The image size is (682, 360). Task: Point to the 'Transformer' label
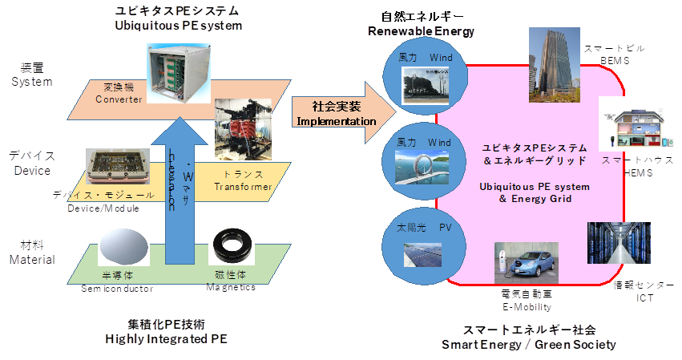pos(243,187)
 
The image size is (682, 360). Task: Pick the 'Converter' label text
pos(118,99)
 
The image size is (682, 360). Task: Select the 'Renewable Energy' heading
pos(422,31)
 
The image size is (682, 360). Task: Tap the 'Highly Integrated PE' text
pos(167,339)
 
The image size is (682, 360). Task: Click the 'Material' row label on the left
pos(32,259)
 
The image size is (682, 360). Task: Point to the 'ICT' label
pos(645,298)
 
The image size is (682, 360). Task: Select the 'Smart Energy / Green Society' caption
pos(530,345)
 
